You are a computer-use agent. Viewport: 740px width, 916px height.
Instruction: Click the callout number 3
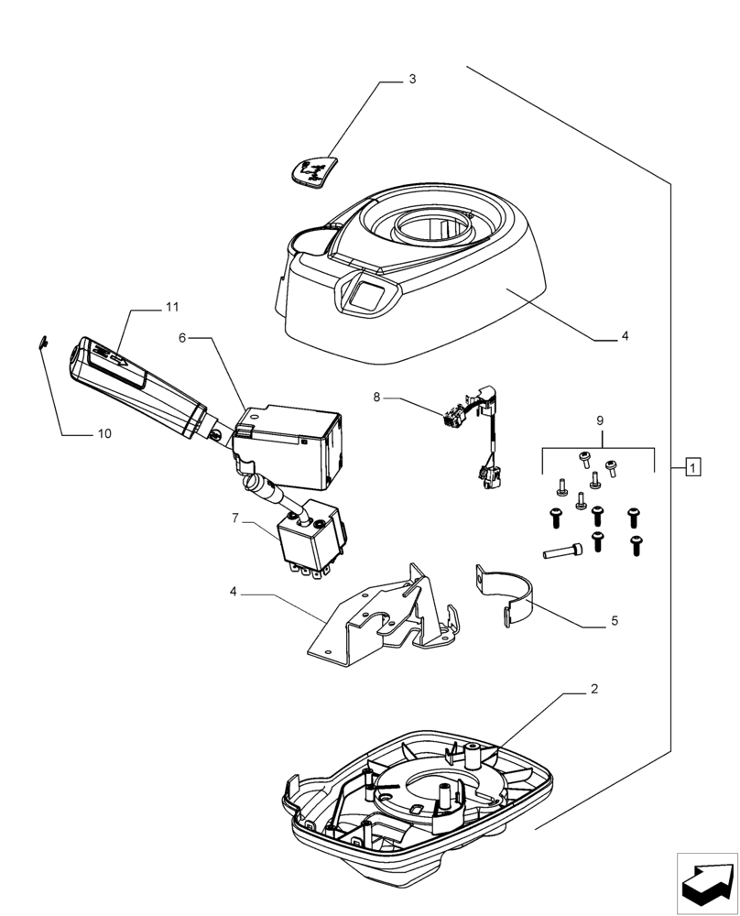412,80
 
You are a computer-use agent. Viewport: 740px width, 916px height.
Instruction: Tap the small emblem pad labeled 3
313,171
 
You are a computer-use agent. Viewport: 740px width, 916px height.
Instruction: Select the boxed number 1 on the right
693,468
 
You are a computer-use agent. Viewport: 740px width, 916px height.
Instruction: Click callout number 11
172,307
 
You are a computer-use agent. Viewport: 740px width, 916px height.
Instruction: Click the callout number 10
104,433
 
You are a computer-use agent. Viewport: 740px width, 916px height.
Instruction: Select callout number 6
182,338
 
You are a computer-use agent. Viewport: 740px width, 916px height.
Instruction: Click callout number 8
376,398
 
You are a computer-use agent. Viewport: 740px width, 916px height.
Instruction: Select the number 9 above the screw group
600,421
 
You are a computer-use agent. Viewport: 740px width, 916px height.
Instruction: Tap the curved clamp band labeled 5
507,597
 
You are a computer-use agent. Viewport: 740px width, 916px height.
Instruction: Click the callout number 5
614,621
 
